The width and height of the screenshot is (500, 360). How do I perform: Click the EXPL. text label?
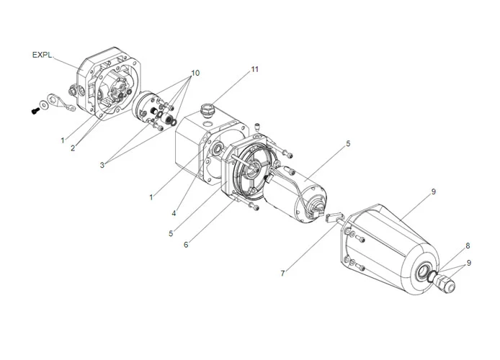[43, 55]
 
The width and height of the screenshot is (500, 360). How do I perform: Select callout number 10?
[195, 73]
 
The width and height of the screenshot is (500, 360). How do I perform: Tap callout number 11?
[254, 69]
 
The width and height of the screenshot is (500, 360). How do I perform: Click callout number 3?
[102, 165]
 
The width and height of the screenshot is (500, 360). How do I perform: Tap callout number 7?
[283, 273]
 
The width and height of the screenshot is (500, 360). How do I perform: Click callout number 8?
[467, 246]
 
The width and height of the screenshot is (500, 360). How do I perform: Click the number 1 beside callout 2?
[63, 139]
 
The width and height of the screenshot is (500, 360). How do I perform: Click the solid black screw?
[34, 111]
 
